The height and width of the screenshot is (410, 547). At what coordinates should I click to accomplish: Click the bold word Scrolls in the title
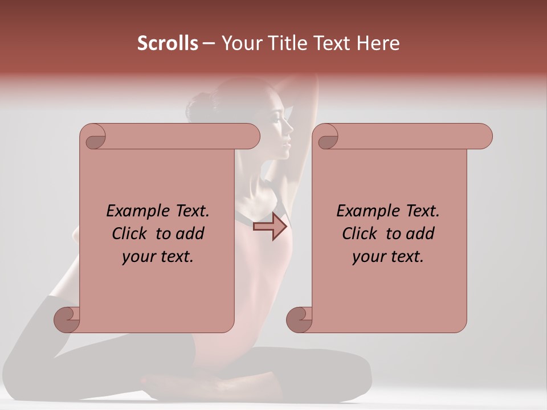[168, 43]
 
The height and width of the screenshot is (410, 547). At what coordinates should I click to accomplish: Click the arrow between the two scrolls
[270, 227]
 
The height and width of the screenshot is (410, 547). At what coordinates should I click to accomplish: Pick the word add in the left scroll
[190, 233]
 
